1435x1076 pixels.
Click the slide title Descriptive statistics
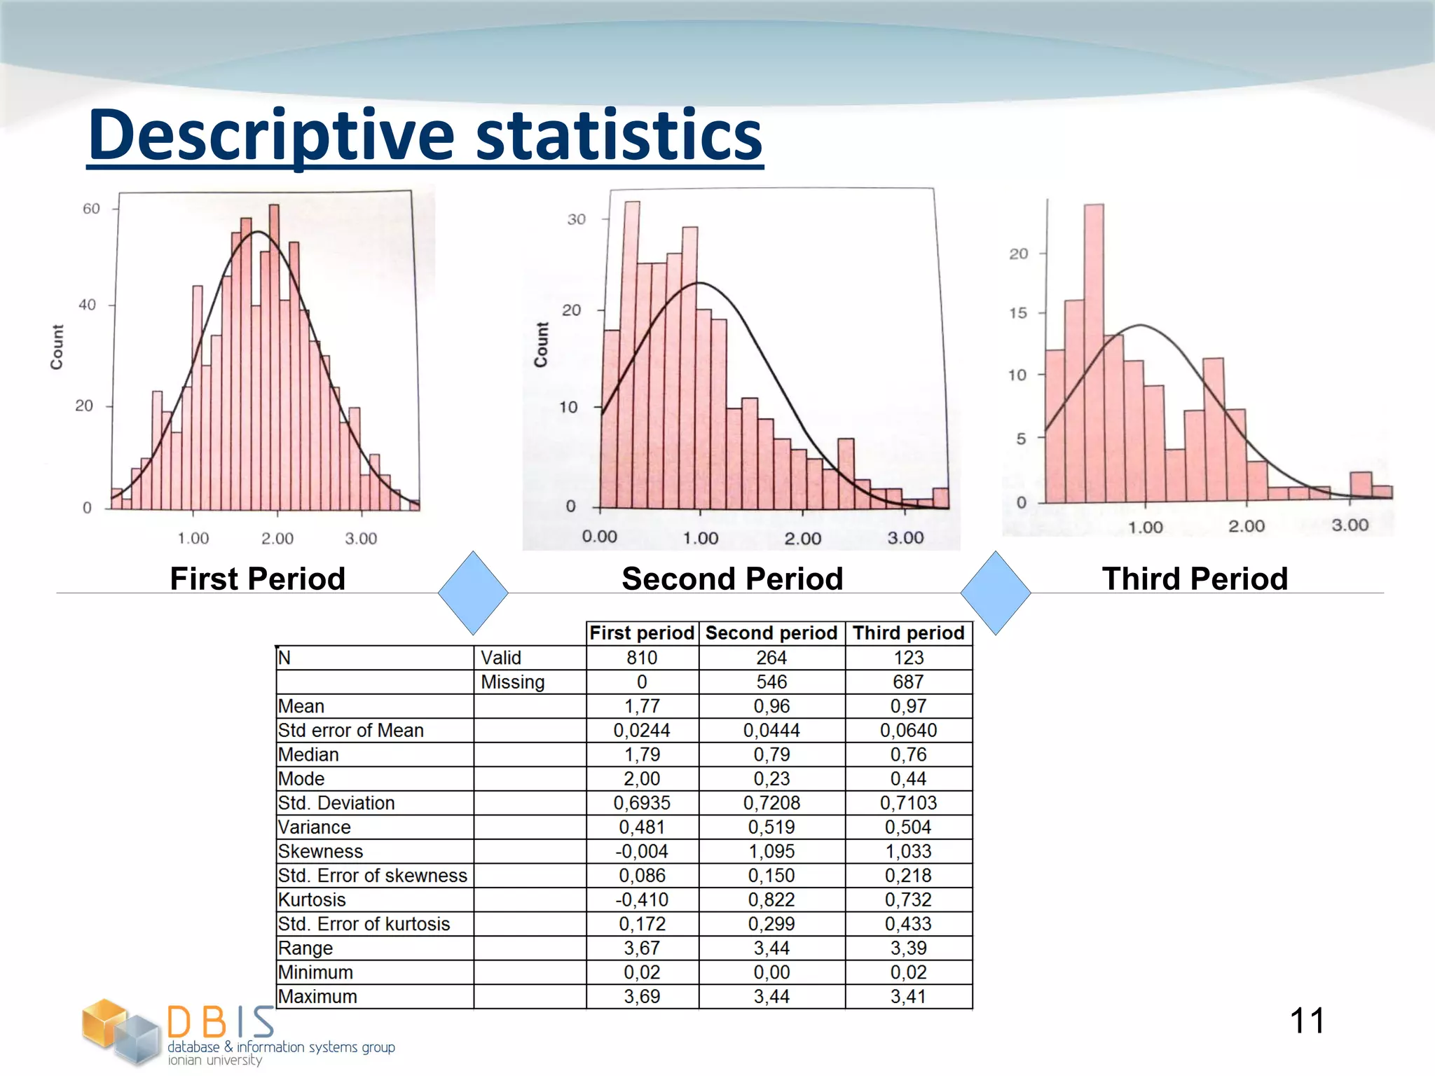pos(425,135)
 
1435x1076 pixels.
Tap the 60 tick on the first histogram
pos(91,209)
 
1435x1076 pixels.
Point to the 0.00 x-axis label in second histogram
pos(599,537)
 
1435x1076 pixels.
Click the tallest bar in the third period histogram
pos(1093,350)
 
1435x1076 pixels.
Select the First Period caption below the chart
pos(257,579)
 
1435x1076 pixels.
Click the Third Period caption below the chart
pos(1195,579)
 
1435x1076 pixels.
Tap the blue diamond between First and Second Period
pos(473,593)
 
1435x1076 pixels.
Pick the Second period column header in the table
pos(771,633)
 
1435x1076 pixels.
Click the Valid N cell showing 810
pos(641,658)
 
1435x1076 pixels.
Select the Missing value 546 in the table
pos(771,682)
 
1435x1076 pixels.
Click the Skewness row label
pos(320,851)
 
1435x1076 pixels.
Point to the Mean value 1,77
pos(641,706)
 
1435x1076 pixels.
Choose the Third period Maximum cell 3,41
pos(908,996)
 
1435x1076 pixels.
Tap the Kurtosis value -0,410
pos(641,899)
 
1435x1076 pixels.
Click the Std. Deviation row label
pos(336,803)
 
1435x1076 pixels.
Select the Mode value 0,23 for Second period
pos(771,779)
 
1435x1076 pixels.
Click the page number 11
pos(1307,1021)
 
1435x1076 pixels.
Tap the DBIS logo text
pos(221,1023)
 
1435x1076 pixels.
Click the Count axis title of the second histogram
pos(541,345)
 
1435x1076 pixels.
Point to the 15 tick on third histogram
pos(1018,313)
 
